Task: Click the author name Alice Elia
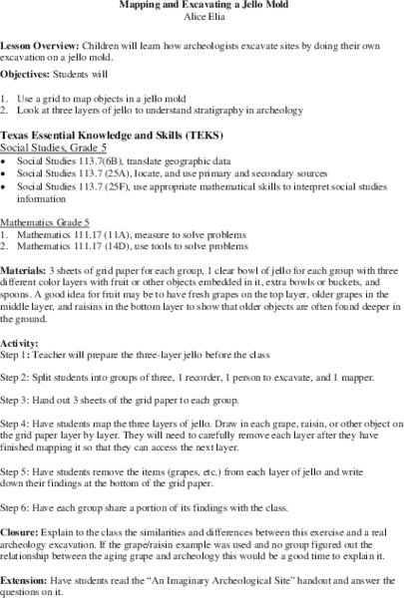[202, 16]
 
